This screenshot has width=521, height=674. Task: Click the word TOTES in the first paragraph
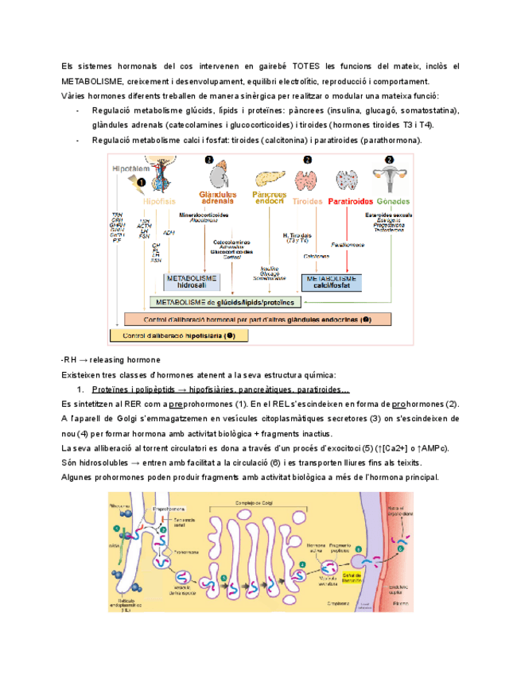pyautogui.click(x=308, y=67)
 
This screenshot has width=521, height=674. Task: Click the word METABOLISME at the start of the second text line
pyautogui.click(x=91, y=82)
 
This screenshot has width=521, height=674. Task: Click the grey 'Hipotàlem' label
pyautogui.click(x=131, y=168)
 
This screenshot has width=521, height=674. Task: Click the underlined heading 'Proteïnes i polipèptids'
pyautogui.click(x=134, y=390)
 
